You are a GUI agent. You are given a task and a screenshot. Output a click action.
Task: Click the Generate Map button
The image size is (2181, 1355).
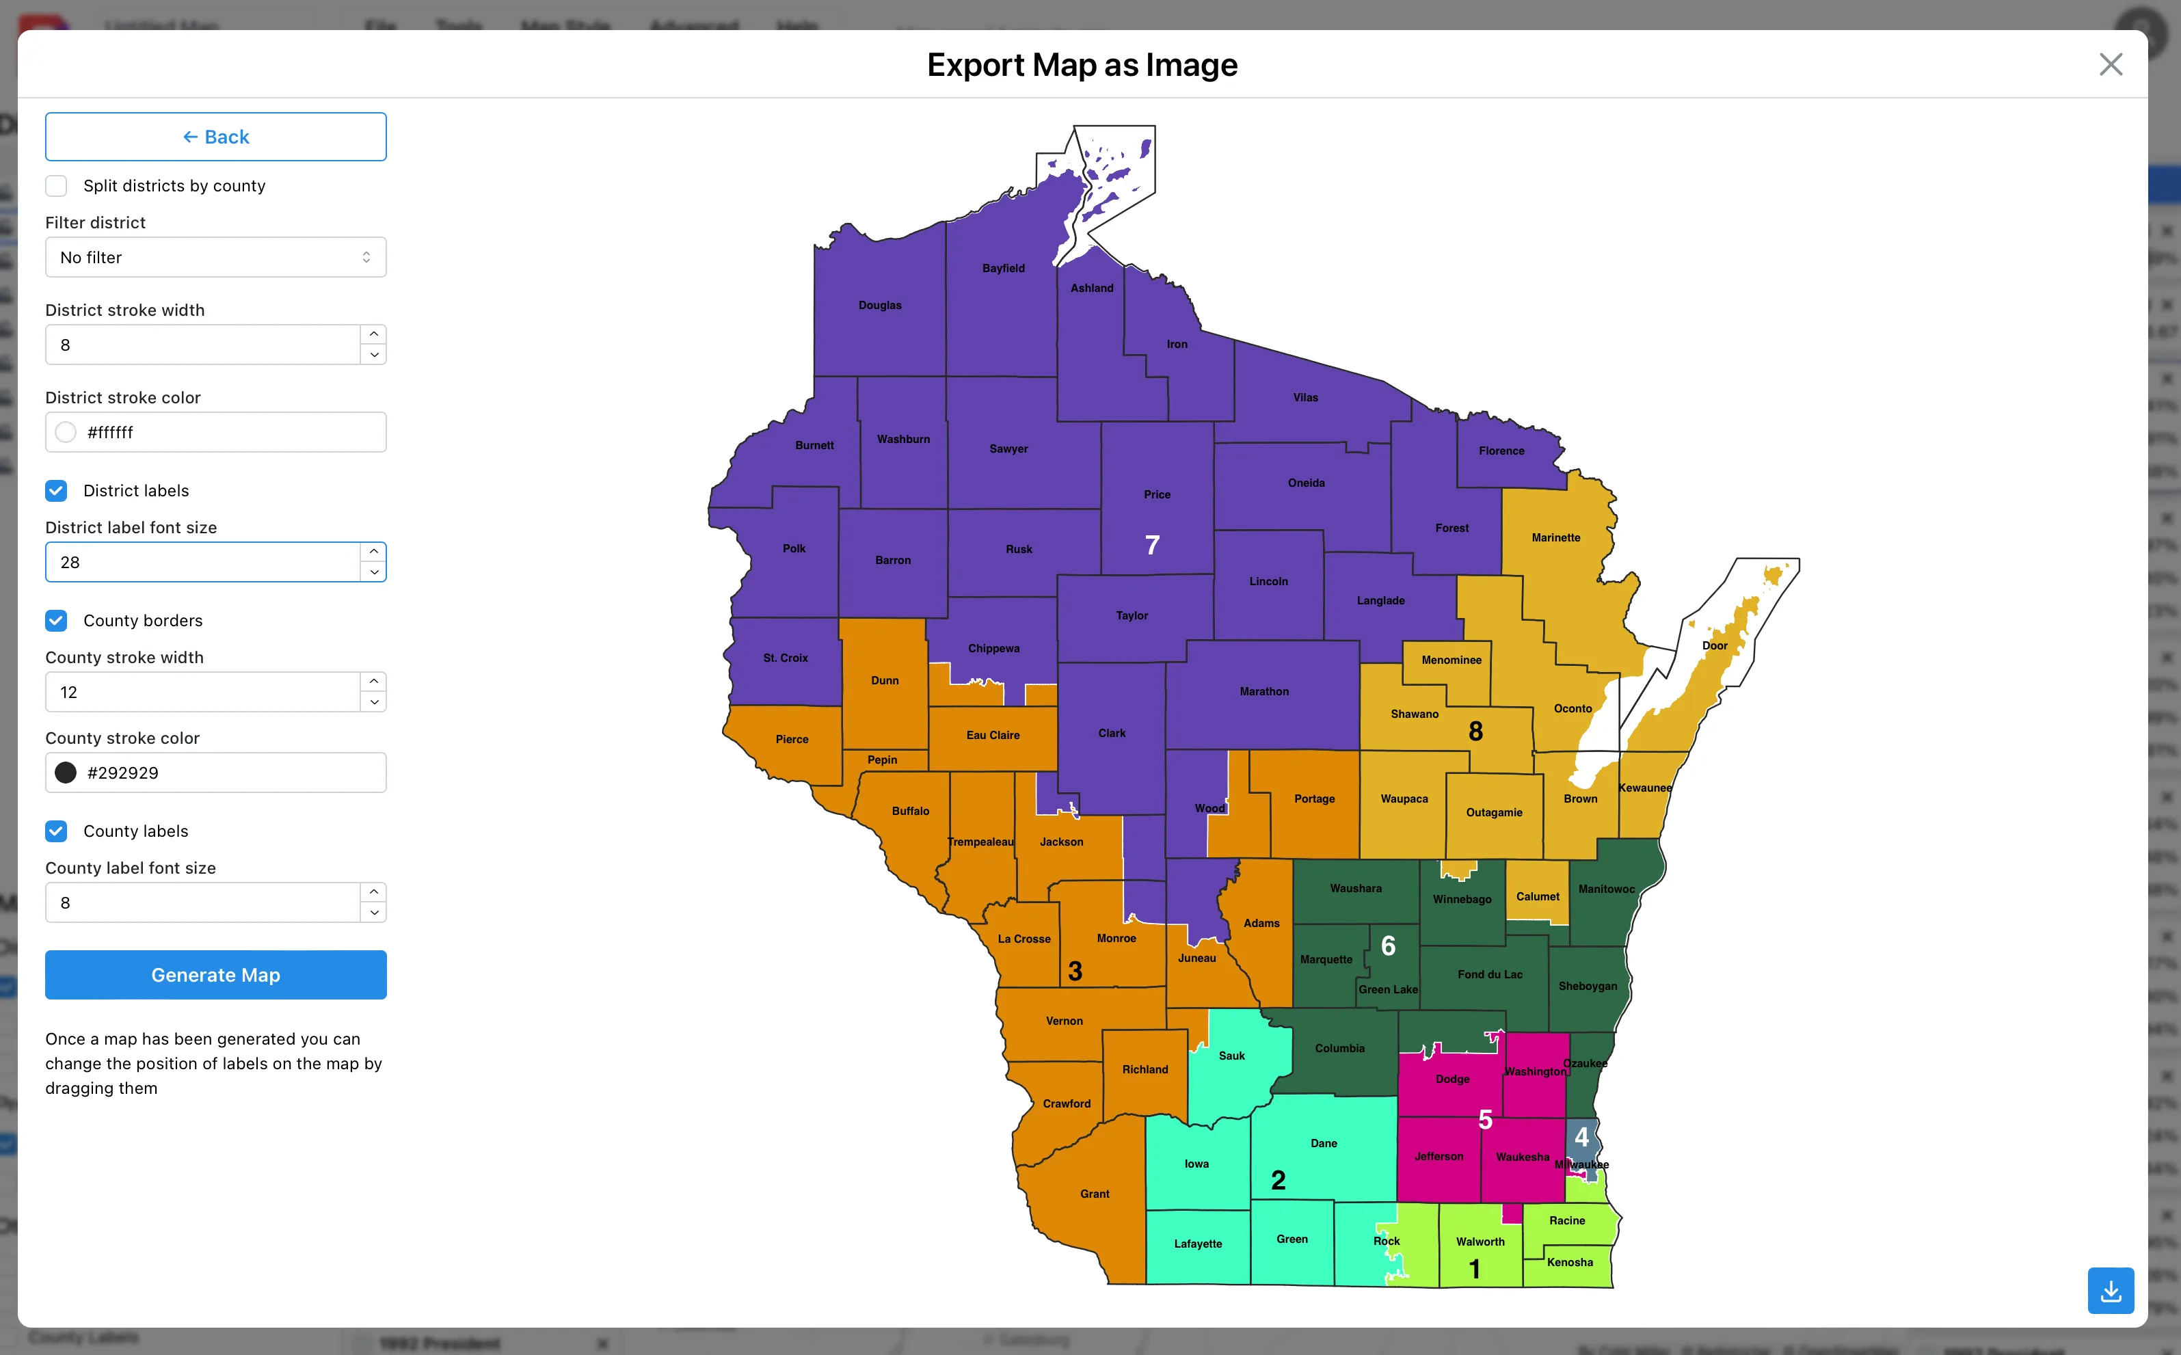pos(215,975)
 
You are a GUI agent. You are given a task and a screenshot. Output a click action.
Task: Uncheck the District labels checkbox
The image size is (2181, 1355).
pos(57,491)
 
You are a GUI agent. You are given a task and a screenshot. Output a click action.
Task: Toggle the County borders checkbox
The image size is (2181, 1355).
pos(57,621)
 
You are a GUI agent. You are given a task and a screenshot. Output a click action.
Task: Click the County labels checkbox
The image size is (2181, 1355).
pos(57,831)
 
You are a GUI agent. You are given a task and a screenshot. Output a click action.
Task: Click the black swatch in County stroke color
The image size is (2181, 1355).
pos(66,773)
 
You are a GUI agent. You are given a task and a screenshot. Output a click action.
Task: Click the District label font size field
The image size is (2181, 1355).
pos(202,563)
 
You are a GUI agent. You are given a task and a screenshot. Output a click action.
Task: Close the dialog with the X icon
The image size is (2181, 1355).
pos(2110,64)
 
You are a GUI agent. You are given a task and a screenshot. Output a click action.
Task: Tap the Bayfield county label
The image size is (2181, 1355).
pos(1003,268)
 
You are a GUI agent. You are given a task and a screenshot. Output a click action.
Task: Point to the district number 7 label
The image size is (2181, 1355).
pos(1152,545)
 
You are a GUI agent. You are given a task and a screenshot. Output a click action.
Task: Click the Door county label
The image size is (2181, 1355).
pos(1714,645)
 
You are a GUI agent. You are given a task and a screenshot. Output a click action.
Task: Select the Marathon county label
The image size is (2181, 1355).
pos(1263,692)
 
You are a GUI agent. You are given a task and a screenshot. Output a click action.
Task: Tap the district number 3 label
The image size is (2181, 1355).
pos(1075,971)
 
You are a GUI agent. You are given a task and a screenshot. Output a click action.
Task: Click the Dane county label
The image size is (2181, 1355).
pos(1324,1144)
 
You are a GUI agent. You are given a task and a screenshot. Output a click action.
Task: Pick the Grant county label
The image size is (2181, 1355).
pos(1094,1194)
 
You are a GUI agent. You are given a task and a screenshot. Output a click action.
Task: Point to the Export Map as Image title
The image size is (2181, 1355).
pos(1082,64)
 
